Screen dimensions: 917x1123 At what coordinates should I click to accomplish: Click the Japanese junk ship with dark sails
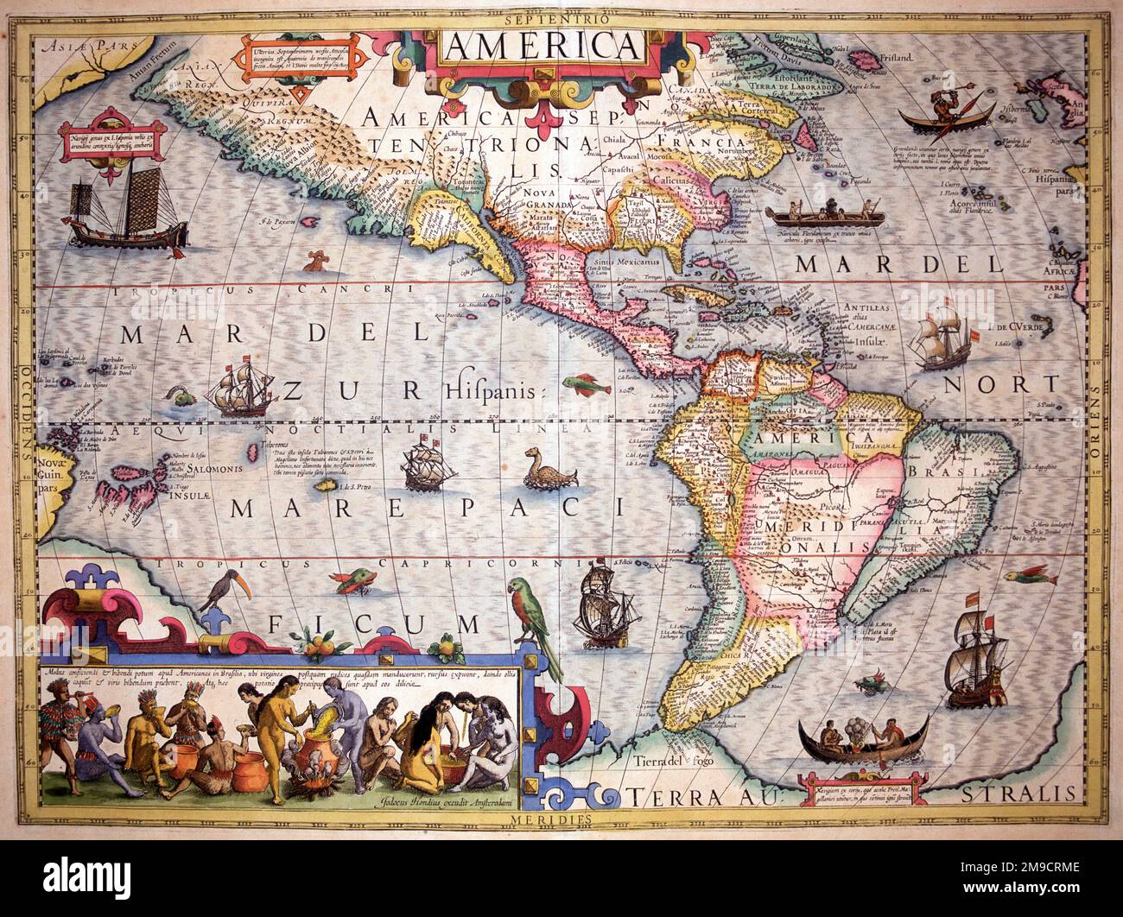(x=130, y=212)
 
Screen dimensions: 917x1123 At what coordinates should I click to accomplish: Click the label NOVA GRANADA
(x=567, y=204)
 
